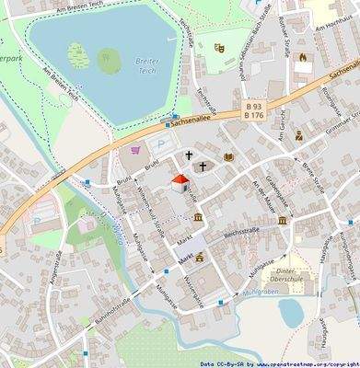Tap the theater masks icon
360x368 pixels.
[218, 47]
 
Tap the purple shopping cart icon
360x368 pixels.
[136, 149]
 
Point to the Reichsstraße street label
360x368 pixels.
[247, 232]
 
